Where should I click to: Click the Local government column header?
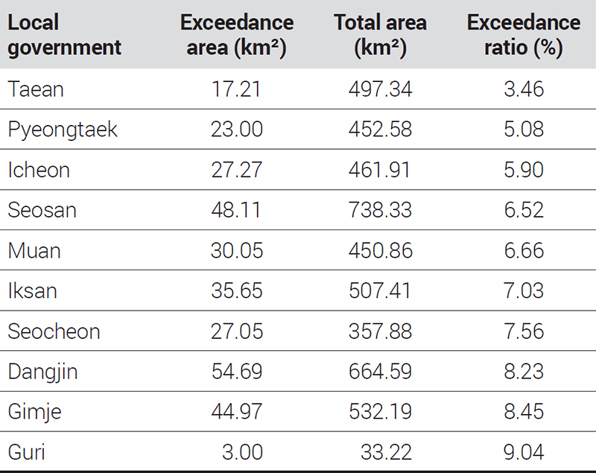64,35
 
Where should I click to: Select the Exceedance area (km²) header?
237,35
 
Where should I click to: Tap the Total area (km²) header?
380,35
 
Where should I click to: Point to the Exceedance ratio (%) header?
524,35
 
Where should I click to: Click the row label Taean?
36,89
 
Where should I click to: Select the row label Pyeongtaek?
63,130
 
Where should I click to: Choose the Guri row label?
27,452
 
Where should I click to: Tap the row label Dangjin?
42,372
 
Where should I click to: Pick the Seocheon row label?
54,331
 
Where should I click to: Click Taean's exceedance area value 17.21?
236,89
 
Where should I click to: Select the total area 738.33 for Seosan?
380,210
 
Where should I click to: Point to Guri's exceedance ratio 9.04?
524,452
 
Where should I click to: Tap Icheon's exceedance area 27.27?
236,170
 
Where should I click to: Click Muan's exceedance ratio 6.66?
524,251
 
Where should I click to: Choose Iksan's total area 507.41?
380,291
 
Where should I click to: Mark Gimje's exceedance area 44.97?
236,412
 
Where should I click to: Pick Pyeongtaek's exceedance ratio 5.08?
524,130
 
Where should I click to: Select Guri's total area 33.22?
386,452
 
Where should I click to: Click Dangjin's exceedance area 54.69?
237,372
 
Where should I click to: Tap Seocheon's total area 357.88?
380,331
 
